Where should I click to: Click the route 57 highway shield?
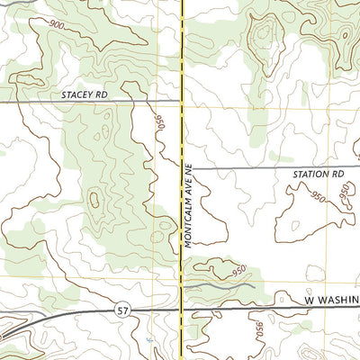[122, 310]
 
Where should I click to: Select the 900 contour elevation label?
[57, 22]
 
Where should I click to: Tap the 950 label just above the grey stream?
[238, 270]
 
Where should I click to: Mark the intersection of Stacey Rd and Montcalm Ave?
[183, 102]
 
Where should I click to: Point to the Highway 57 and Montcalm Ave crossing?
[183, 309]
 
